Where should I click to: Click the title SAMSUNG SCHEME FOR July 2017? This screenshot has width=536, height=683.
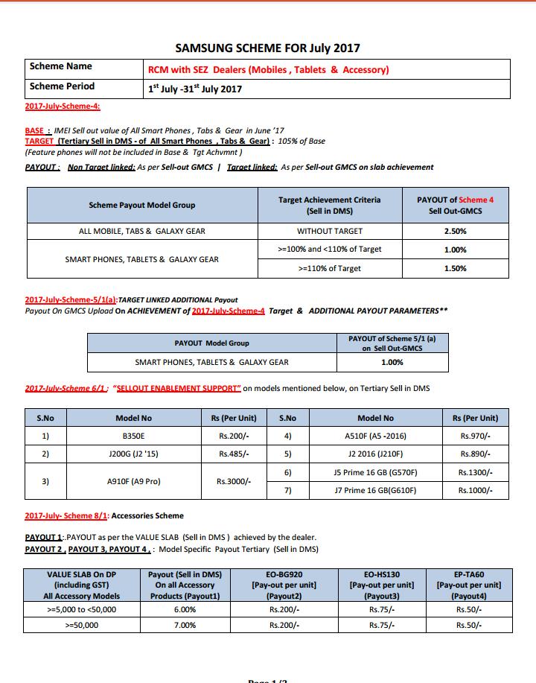tap(267, 48)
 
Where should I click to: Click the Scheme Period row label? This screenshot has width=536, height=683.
tap(62, 86)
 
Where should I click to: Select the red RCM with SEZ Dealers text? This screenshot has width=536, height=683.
tap(268, 70)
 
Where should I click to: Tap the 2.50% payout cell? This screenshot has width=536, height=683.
tap(455, 231)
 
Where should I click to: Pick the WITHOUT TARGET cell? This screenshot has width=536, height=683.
tap(329, 231)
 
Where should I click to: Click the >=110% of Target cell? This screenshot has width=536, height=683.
tap(329, 268)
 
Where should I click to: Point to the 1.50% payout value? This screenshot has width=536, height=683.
tap(455, 268)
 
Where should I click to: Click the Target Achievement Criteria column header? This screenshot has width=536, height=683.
tap(329, 206)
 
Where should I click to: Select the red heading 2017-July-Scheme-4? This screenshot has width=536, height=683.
tap(63, 107)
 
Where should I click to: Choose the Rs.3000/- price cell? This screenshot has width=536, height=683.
tap(234, 481)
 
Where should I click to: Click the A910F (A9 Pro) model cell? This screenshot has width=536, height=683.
tap(134, 481)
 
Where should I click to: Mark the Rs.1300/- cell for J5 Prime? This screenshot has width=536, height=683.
tap(475, 472)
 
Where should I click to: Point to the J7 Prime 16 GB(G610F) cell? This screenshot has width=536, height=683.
tap(375, 490)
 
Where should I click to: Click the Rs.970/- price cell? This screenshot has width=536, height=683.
tap(475, 436)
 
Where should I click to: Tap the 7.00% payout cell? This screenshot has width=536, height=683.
tap(185, 625)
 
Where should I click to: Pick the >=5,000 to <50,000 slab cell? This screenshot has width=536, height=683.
tap(81, 609)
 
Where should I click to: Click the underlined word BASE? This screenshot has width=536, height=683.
tap(35, 130)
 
